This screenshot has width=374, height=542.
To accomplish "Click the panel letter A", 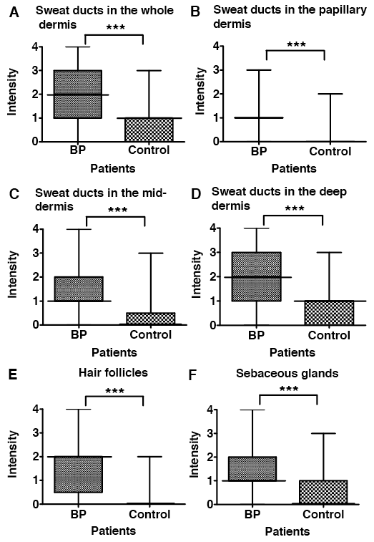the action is (14, 13).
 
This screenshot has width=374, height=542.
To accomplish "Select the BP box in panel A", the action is (78, 95).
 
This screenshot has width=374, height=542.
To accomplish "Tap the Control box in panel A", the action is (149, 130).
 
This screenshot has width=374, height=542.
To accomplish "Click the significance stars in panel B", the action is (296, 44).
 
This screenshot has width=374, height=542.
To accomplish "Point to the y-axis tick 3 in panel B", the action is (217, 70).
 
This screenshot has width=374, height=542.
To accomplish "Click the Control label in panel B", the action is (330, 151).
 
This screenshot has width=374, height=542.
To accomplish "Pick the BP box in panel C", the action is (79, 289).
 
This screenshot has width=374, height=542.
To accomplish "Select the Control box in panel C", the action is (151, 319).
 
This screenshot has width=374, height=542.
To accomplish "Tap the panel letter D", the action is (195, 194).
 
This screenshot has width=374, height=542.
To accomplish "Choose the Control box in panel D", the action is (329, 313).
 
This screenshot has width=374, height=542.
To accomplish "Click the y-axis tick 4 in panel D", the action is (214, 228).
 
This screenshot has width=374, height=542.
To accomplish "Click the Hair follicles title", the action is (113, 372).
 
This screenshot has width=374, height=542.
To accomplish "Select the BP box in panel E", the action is (79, 475).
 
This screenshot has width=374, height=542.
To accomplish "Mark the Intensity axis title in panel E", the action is (12, 454).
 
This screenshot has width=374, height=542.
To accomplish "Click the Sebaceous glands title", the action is (287, 374).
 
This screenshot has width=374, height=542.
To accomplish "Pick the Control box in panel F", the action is (323, 492).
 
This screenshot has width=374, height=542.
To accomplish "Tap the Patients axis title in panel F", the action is (287, 531).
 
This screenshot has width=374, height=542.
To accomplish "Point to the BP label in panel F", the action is (252, 514).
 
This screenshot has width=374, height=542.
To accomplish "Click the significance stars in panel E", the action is (115, 392).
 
